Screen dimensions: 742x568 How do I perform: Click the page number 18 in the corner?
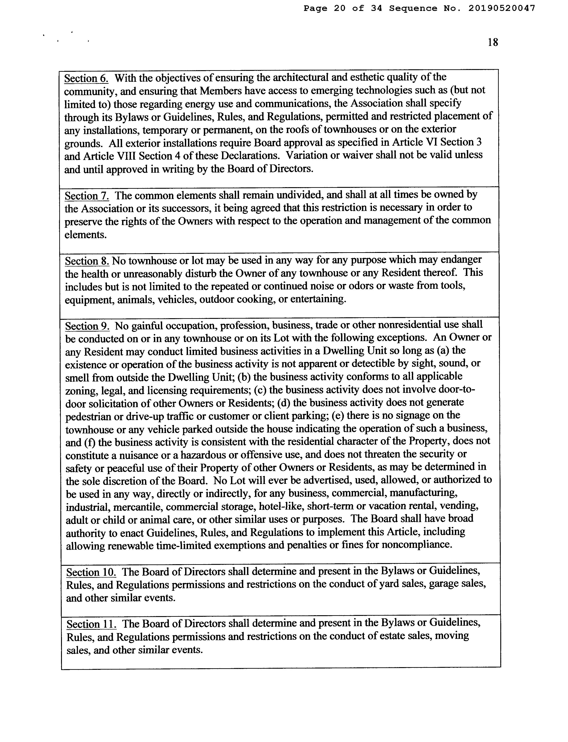(493, 42)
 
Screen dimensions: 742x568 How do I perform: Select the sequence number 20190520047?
(502, 8)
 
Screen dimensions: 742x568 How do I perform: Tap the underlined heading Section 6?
(86, 78)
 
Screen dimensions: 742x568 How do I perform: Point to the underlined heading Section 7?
(87, 196)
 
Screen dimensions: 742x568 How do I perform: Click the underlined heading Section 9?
(87, 326)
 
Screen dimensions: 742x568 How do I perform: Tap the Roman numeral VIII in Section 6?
(123, 156)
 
